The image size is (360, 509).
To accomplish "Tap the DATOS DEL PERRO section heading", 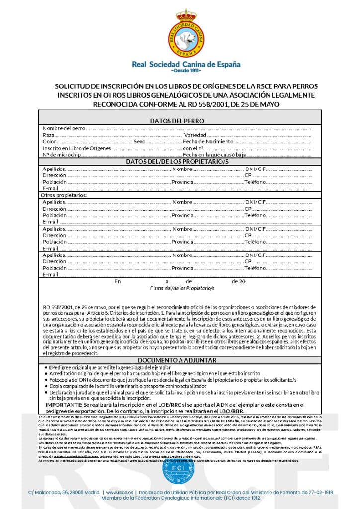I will tap(177, 121).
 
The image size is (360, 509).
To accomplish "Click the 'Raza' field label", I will tap(48, 135).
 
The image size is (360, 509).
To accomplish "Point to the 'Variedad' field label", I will tap(195, 135).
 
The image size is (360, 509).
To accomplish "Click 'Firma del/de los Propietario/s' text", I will tap(182, 288).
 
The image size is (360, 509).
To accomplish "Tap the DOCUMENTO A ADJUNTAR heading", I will tap(178, 360).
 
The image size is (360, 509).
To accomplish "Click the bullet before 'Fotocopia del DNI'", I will tap(47, 379).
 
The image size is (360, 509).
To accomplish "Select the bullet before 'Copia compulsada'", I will tap(47, 386).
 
